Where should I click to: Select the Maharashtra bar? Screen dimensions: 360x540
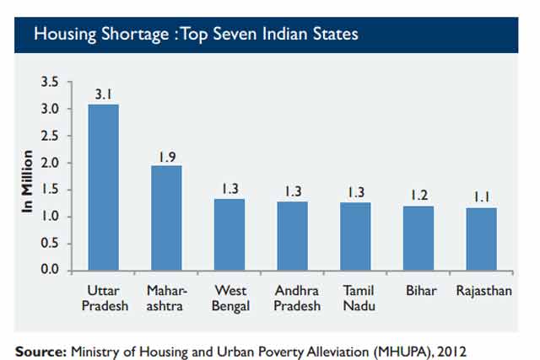[x=167, y=218]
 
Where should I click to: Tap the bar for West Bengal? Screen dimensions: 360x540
[x=229, y=234]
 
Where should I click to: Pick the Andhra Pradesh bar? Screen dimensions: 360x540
[x=293, y=235]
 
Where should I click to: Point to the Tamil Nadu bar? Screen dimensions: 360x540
[x=356, y=236]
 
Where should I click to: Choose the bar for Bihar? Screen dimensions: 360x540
[x=418, y=238]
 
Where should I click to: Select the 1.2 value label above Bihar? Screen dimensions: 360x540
[x=418, y=195]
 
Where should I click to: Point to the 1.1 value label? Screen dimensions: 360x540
[x=482, y=197]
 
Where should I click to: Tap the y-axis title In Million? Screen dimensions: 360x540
[x=28, y=182]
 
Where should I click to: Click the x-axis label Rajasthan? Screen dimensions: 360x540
[x=482, y=291]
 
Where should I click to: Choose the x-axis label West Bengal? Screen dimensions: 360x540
[x=229, y=298]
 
